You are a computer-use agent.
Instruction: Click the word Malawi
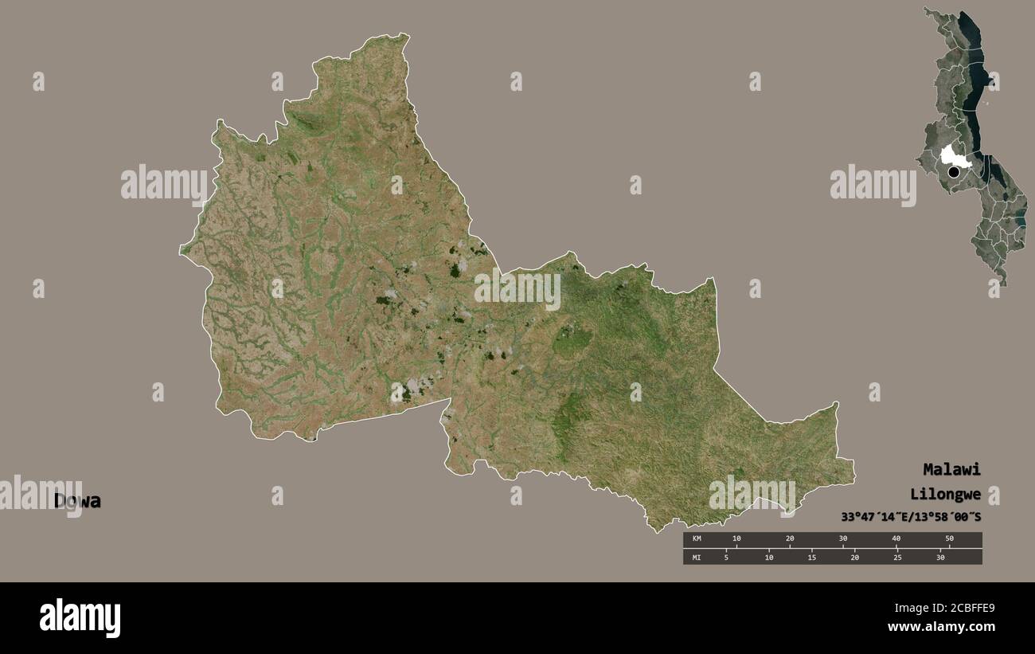click(951, 469)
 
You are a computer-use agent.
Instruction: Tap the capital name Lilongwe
click(946, 494)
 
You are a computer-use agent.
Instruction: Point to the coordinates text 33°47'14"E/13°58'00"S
click(911, 517)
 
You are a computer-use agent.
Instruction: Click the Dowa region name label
click(77, 501)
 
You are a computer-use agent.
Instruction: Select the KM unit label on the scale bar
click(697, 539)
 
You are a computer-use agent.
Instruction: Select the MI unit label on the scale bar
click(697, 558)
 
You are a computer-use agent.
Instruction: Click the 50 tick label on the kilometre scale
click(949, 539)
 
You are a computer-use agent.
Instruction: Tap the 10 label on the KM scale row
click(736, 539)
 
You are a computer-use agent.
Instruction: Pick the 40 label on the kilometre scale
click(896, 539)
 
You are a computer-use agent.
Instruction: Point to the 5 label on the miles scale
click(726, 558)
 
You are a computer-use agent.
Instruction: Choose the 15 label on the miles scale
click(811, 558)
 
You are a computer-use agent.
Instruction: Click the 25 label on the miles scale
click(897, 558)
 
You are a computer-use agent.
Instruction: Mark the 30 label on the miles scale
click(940, 558)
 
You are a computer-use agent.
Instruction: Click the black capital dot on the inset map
click(953, 171)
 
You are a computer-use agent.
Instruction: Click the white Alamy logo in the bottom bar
click(80, 618)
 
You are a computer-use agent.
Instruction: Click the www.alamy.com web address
click(941, 628)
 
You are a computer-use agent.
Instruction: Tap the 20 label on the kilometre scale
click(790, 539)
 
